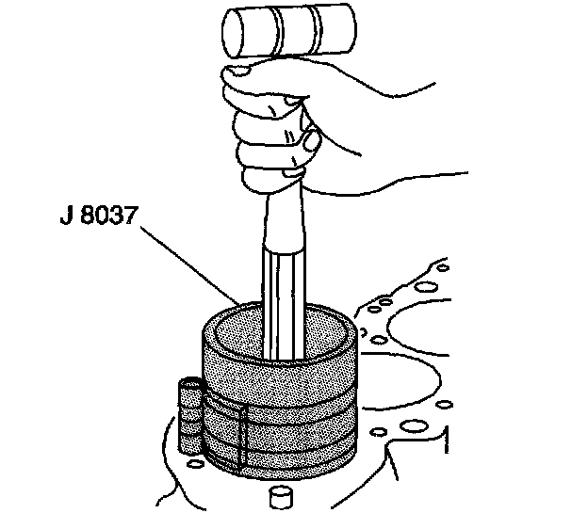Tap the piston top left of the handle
pos(237,334)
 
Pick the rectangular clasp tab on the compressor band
pos(226,433)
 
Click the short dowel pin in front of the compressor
pos(280,498)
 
